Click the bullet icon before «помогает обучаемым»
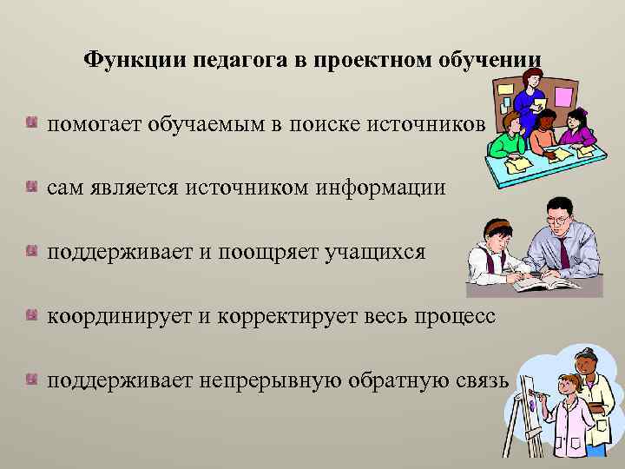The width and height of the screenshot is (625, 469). pos(32,122)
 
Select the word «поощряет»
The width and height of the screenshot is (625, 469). pos(273,252)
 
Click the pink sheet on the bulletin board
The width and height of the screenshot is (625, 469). pos(564,96)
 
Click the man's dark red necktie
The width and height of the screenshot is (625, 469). pos(565,253)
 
